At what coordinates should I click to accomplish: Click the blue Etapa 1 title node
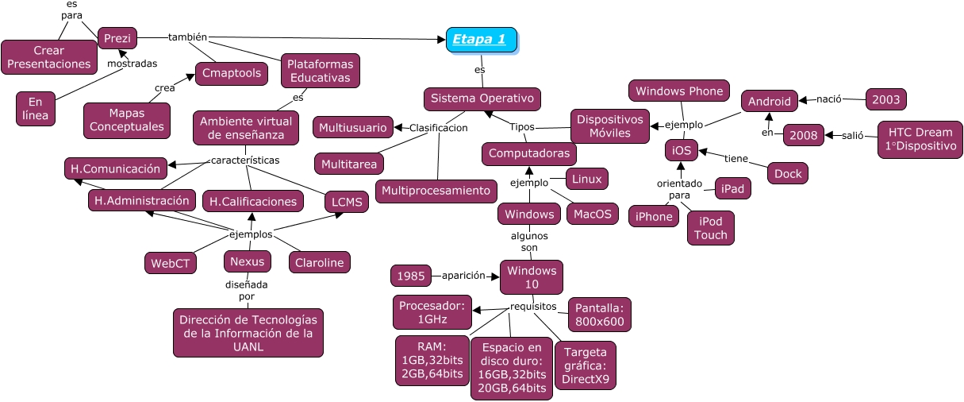point(481,40)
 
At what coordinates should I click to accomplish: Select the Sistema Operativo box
point(482,99)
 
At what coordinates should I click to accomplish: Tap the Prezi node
point(117,37)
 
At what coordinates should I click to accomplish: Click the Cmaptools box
point(231,73)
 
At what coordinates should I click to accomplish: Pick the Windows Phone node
point(679,91)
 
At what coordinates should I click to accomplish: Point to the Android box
point(769,101)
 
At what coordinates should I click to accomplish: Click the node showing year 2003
point(885,99)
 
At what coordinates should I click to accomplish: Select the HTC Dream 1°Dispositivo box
point(920,140)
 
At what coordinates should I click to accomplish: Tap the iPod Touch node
point(710,227)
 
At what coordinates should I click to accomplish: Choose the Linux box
point(586,179)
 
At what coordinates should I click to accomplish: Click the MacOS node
point(592,214)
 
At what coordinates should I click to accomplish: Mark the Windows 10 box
point(531,277)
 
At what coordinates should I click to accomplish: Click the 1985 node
point(411,276)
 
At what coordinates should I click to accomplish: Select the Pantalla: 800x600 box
point(600,315)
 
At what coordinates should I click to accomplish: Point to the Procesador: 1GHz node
point(432,312)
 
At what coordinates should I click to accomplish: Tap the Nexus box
point(248,261)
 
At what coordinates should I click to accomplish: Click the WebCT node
point(171,263)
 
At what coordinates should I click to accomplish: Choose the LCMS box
point(348,202)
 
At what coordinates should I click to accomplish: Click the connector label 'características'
point(245,160)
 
